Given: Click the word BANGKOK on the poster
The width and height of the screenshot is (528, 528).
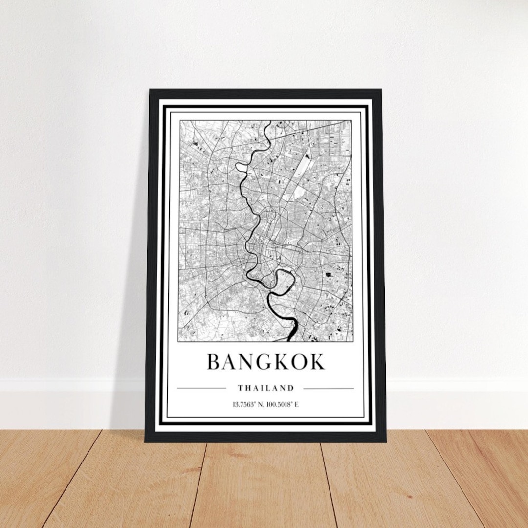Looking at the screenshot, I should pyautogui.click(x=265, y=362).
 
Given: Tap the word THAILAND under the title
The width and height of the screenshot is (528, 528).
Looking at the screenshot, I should pyautogui.click(x=266, y=388).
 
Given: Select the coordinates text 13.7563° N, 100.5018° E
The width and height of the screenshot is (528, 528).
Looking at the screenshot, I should pyautogui.click(x=265, y=404).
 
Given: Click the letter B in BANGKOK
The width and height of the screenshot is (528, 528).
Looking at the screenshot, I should pyautogui.click(x=213, y=362).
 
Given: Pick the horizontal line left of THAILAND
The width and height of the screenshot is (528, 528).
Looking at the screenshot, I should pyautogui.click(x=201, y=389).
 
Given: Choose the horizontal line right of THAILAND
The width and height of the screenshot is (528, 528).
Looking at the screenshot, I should pyautogui.click(x=329, y=389).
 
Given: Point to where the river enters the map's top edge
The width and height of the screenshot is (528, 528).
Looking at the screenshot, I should pyautogui.click(x=266, y=122).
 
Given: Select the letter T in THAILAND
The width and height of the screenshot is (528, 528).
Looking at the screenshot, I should pyautogui.click(x=241, y=388).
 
